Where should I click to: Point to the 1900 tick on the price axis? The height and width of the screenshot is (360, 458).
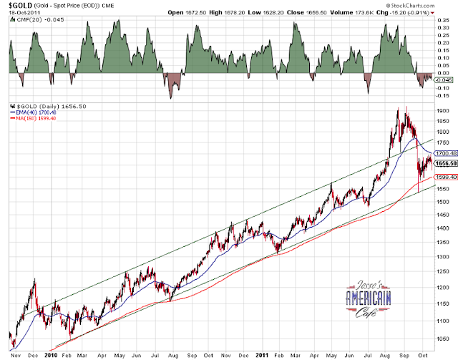click(443, 111)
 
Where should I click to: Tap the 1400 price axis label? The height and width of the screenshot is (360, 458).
click(443, 228)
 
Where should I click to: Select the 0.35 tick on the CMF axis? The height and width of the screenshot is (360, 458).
click(444, 21)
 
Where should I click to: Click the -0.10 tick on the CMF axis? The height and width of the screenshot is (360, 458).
click(444, 88)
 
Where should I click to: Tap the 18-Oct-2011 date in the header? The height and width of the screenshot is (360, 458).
click(24, 13)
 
